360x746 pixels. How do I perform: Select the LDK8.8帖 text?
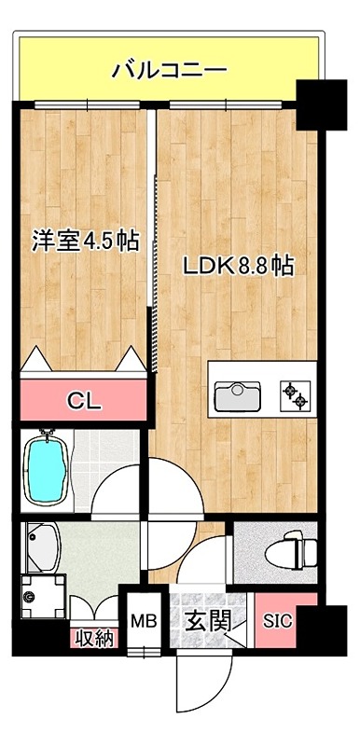pyautogui.click(x=238, y=266)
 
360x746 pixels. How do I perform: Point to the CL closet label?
pyautogui.click(x=84, y=402)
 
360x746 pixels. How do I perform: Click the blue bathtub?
pyautogui.click(x=46, y=472)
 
